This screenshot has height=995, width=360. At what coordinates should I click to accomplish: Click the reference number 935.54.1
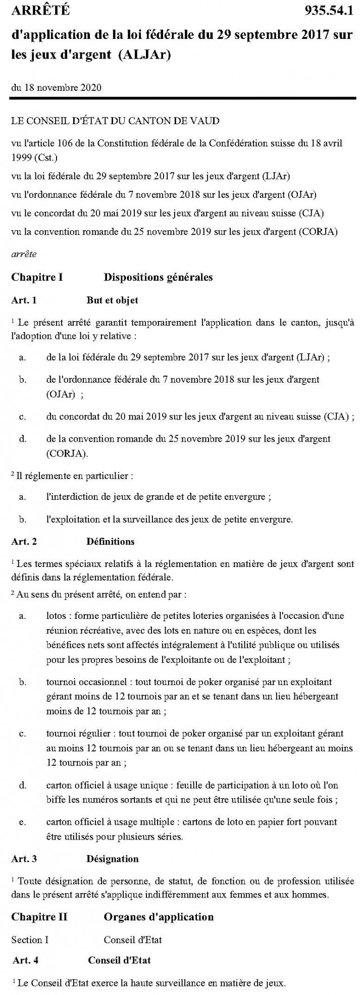coord(329,10)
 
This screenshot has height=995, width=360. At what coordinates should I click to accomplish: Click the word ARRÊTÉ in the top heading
coord(40,10)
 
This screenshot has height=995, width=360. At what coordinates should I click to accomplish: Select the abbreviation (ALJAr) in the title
coord(144,55)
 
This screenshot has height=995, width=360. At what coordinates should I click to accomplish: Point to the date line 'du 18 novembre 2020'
coord(56,88)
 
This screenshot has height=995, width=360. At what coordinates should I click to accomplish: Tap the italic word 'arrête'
coord(24,254)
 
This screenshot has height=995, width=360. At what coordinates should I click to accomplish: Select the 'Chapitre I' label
coord(37,277)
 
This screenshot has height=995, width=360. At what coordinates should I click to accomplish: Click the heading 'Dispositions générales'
coord(158,277)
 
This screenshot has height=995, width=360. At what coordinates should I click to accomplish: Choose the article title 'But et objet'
coord(112,300)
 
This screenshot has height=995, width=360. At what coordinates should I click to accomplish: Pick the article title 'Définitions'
coord(111,542)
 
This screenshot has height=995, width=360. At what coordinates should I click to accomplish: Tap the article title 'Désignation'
coord(112,859)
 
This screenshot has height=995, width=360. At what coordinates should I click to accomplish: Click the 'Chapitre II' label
coord(39,917)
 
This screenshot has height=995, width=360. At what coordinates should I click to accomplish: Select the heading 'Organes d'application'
coord(159,917)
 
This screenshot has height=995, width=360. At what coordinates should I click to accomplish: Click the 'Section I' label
coord(30,940)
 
